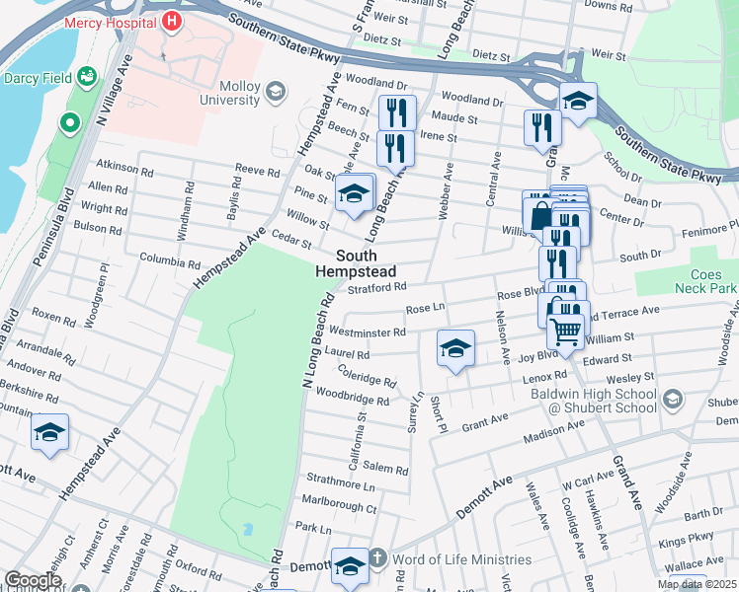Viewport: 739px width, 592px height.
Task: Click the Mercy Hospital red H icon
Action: (x=172, y=21)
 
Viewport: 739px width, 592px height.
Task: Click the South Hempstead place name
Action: (x=356, y=263)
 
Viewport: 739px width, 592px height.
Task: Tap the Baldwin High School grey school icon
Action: (x=673, y=400)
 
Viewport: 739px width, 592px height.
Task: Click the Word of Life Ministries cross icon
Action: (x=375, y=559)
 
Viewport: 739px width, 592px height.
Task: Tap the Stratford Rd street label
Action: (x=378, y=288)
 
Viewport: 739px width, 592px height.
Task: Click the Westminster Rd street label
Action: (x=366, y=333)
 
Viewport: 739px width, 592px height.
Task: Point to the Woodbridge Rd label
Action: (x=353, y=401)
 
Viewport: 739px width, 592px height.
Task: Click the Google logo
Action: (x=32, y=580)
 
